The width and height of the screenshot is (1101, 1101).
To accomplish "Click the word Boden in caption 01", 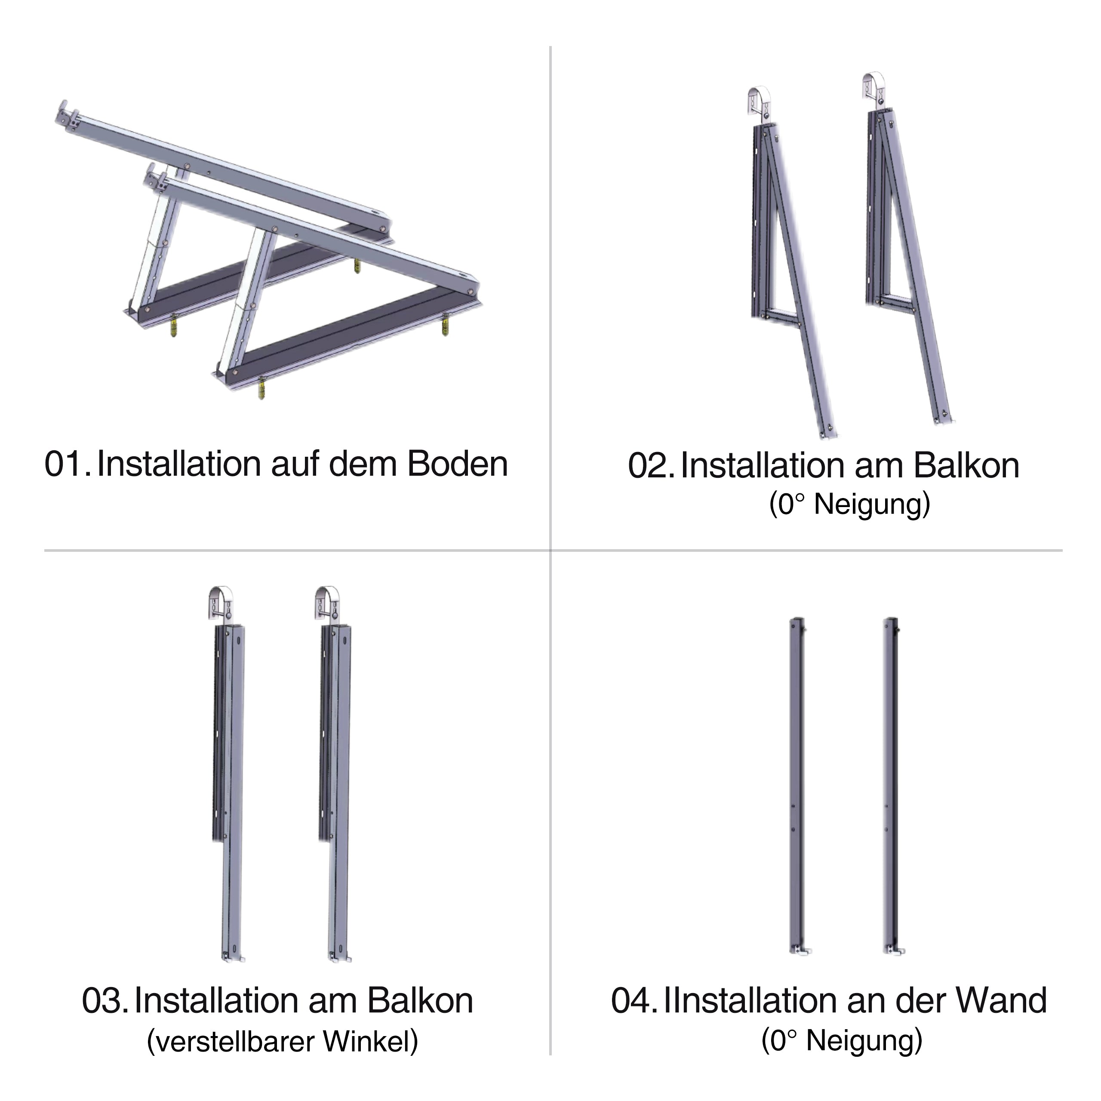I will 457,464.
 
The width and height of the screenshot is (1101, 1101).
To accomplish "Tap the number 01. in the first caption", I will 67,464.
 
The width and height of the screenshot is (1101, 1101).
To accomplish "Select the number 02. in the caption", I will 650,466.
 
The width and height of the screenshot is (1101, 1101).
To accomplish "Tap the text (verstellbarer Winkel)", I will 283,1042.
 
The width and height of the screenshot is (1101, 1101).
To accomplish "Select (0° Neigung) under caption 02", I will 849,505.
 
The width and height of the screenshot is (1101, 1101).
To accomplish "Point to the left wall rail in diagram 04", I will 797,787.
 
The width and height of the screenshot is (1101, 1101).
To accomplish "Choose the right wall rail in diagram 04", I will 891,787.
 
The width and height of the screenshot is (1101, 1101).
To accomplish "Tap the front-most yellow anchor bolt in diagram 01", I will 262,389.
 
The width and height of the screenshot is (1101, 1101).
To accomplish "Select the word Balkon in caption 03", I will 420,1001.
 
